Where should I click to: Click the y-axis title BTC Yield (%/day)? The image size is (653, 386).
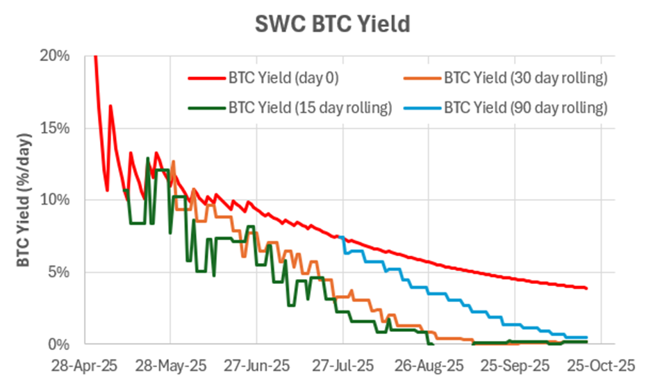point(24,200)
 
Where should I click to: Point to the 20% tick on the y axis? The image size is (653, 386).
point(56,56)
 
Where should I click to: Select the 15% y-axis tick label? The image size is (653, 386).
point(56,128)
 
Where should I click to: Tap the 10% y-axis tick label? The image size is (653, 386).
point(56,201)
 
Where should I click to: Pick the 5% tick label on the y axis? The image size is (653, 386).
point(59,272)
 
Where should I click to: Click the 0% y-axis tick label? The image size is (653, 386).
point(59,344)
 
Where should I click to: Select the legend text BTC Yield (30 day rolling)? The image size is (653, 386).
point(526,77)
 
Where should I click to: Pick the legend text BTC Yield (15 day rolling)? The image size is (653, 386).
point(310,108)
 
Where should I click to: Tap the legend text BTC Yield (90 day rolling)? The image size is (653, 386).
point(526,108)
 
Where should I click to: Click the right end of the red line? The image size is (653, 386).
point(587,288)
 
